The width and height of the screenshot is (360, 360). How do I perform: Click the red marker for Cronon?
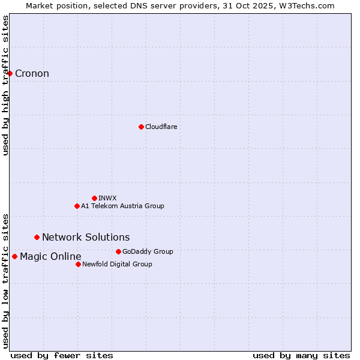pos(10,74)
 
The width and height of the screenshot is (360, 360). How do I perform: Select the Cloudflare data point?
pos(141,127)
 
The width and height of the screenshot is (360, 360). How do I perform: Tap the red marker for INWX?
pos(94,198)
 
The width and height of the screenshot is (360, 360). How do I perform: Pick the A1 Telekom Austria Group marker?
pos(77,206)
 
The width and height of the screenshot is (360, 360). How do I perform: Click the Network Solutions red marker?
pos(37,238)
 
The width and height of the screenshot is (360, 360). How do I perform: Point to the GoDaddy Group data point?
pos(118,251)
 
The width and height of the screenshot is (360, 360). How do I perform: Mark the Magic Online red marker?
pos(14,257)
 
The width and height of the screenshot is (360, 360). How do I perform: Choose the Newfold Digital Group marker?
pos(78,264)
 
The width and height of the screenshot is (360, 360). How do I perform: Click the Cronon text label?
pos(32,74)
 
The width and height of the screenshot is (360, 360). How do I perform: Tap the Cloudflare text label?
pos(161,127)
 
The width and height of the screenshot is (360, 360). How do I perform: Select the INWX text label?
pos(107,198)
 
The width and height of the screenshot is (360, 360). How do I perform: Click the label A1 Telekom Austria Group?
pos(122,206)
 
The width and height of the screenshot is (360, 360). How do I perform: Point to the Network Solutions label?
pos(86,238)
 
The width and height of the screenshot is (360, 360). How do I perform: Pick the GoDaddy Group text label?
pos(148,251)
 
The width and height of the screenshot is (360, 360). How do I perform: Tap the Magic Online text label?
pos(50,257)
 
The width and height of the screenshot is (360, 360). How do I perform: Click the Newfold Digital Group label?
pos(117,264)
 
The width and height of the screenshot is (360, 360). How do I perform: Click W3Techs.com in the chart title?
pos(310,5)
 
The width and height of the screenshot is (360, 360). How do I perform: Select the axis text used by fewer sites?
pos(62,355)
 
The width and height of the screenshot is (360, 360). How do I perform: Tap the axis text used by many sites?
pos(301,355)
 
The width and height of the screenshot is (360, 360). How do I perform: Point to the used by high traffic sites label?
pos(5,85)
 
